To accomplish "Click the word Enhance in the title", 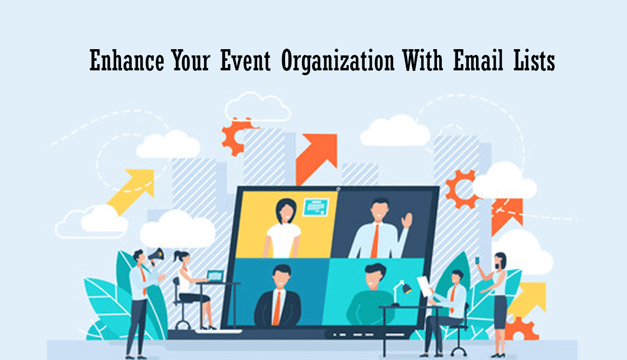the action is (126, 60).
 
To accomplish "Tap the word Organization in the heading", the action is (338, 62).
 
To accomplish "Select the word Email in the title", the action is (478, 60).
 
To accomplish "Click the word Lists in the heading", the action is (534, 60).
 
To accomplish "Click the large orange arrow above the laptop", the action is (316, 159).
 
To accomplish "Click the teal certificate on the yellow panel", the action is (316, 207).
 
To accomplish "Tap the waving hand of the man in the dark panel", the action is (407, 220).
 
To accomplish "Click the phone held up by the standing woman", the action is (477, 260).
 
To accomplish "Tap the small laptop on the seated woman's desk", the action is (215, 276).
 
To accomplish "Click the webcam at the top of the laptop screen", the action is (338, 189).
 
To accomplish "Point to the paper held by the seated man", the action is (423, 286).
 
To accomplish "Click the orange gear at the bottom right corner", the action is (521, 328).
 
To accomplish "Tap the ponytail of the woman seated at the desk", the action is (177, 256).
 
